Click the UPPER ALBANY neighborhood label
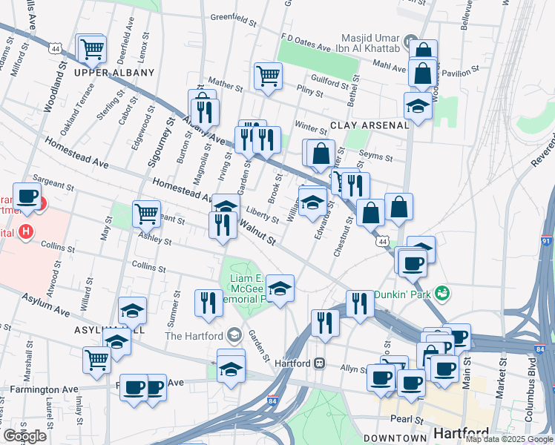pyautogui.click(x=114, y=73)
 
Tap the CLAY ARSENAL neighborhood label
pyautogui.click(x=370, y=125)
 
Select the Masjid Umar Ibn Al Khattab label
pyautogui.click(x=361, y=38)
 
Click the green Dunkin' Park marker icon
pyautogui.click(x=443, y=293)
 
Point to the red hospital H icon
pyautogui.click(x=27, y=232)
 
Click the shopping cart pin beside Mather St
pyautogui.click(x=268, y=74)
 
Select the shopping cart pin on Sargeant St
pyautogui.click(x=147, y=214)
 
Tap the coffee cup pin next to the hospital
pyautogui.click(x=28, y=196)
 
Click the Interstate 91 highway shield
pyautogui.click(x=546, y=241)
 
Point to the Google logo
pyautogui.click(x=24, y=436)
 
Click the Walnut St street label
pyautogui.click(x=257, y=234)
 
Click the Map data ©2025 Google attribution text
pyautogui.click(x=508, y=439)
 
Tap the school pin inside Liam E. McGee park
pyautogui.click(x=280, y=289)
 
